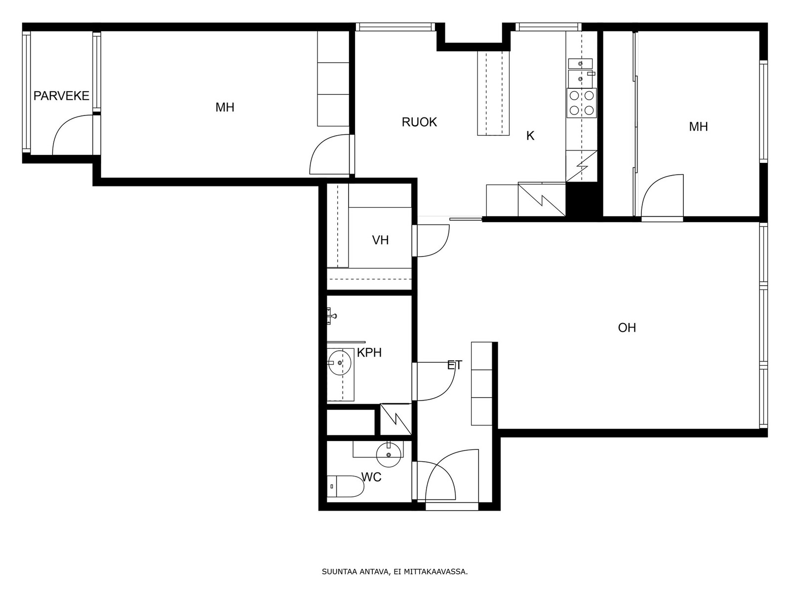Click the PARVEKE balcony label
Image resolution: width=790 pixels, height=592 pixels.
(x=61, y=96)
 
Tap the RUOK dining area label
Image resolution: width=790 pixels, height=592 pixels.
(x=419, y=122)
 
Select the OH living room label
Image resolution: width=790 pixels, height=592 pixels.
(x=627, y=328)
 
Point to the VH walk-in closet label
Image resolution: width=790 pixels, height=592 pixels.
(x=380, y=240)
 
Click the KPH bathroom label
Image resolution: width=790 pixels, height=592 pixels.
(x=369, y=353)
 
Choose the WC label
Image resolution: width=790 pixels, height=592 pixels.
(x=371, y=478)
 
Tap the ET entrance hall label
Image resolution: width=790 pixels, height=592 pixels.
(x=455, y=365)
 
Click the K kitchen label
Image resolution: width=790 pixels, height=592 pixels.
(x=530, y=136)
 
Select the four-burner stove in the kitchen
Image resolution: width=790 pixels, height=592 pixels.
(x=582, y=103)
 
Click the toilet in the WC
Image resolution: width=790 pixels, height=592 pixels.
(x=345, y=486)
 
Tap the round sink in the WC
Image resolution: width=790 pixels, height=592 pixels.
(x=389, y=455)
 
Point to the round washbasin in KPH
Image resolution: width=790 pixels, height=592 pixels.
(x=340, y=363)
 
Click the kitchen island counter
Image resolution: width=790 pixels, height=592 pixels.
(x=493, y=93)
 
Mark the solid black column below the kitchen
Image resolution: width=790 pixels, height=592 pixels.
(x=584, y=199)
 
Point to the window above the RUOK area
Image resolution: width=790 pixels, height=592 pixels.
(x=395, y=27)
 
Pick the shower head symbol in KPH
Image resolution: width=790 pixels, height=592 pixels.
(x=331, y=316)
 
